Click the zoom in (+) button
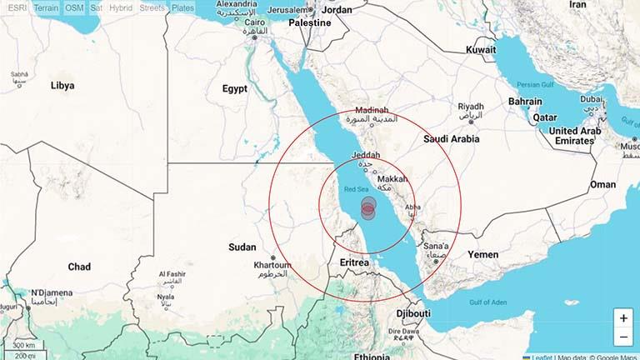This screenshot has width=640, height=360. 623,318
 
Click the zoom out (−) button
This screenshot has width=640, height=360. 623,337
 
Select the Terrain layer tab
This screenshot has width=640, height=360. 47,7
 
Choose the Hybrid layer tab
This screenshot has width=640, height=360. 122,7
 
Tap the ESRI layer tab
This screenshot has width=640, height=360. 17,7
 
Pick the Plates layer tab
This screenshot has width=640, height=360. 182,7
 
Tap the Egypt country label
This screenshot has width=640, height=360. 235,88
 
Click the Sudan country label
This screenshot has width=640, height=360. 242,247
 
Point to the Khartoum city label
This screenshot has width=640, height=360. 272,267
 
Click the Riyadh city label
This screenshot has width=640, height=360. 471,107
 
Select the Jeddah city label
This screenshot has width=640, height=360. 367,156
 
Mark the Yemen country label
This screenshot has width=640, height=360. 482,254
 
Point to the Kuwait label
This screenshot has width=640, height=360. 481,50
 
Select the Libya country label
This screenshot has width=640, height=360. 62,85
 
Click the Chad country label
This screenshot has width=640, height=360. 79,267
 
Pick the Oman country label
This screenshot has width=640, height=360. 602,184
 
